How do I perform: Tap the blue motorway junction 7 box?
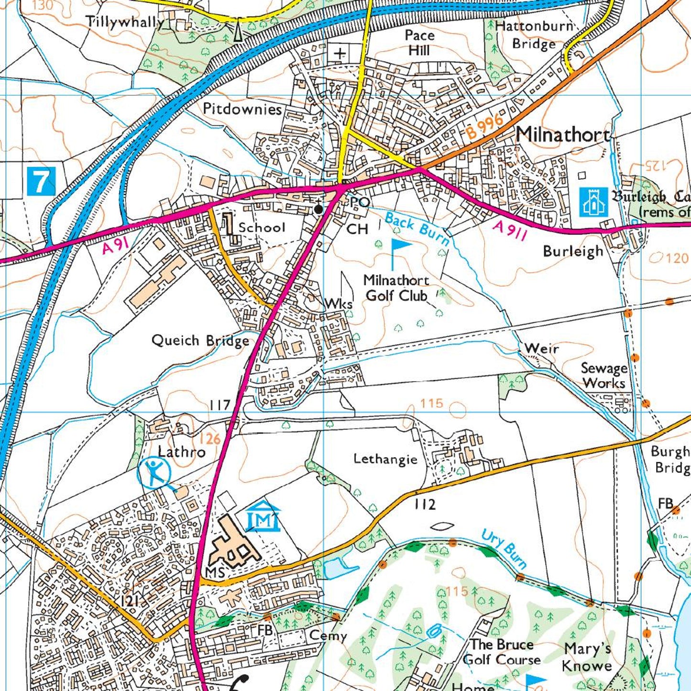[x=41, y=181]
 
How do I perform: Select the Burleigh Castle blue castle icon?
[x=593, y=202]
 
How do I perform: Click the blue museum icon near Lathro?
[x=263, y=516]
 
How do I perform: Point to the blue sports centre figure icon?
[x=154, y=473]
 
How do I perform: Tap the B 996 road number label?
[x=484, y=126]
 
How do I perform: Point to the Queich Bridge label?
[x=200, y=340]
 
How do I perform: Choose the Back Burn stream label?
[x=417, y=229]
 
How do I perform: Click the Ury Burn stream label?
[x=504, y=548]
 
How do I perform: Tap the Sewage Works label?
[x=603, y=376]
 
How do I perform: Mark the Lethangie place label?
[x=385, y=459]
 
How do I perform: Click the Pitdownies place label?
[x=242, y=109]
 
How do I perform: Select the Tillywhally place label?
[x=124, y=22]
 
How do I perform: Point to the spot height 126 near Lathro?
[x=210, y=438]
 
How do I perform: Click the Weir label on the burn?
[x=541, y=348]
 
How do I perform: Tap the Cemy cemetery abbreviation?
[x=328, y=636]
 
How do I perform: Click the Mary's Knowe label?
[x=587, y=657]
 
